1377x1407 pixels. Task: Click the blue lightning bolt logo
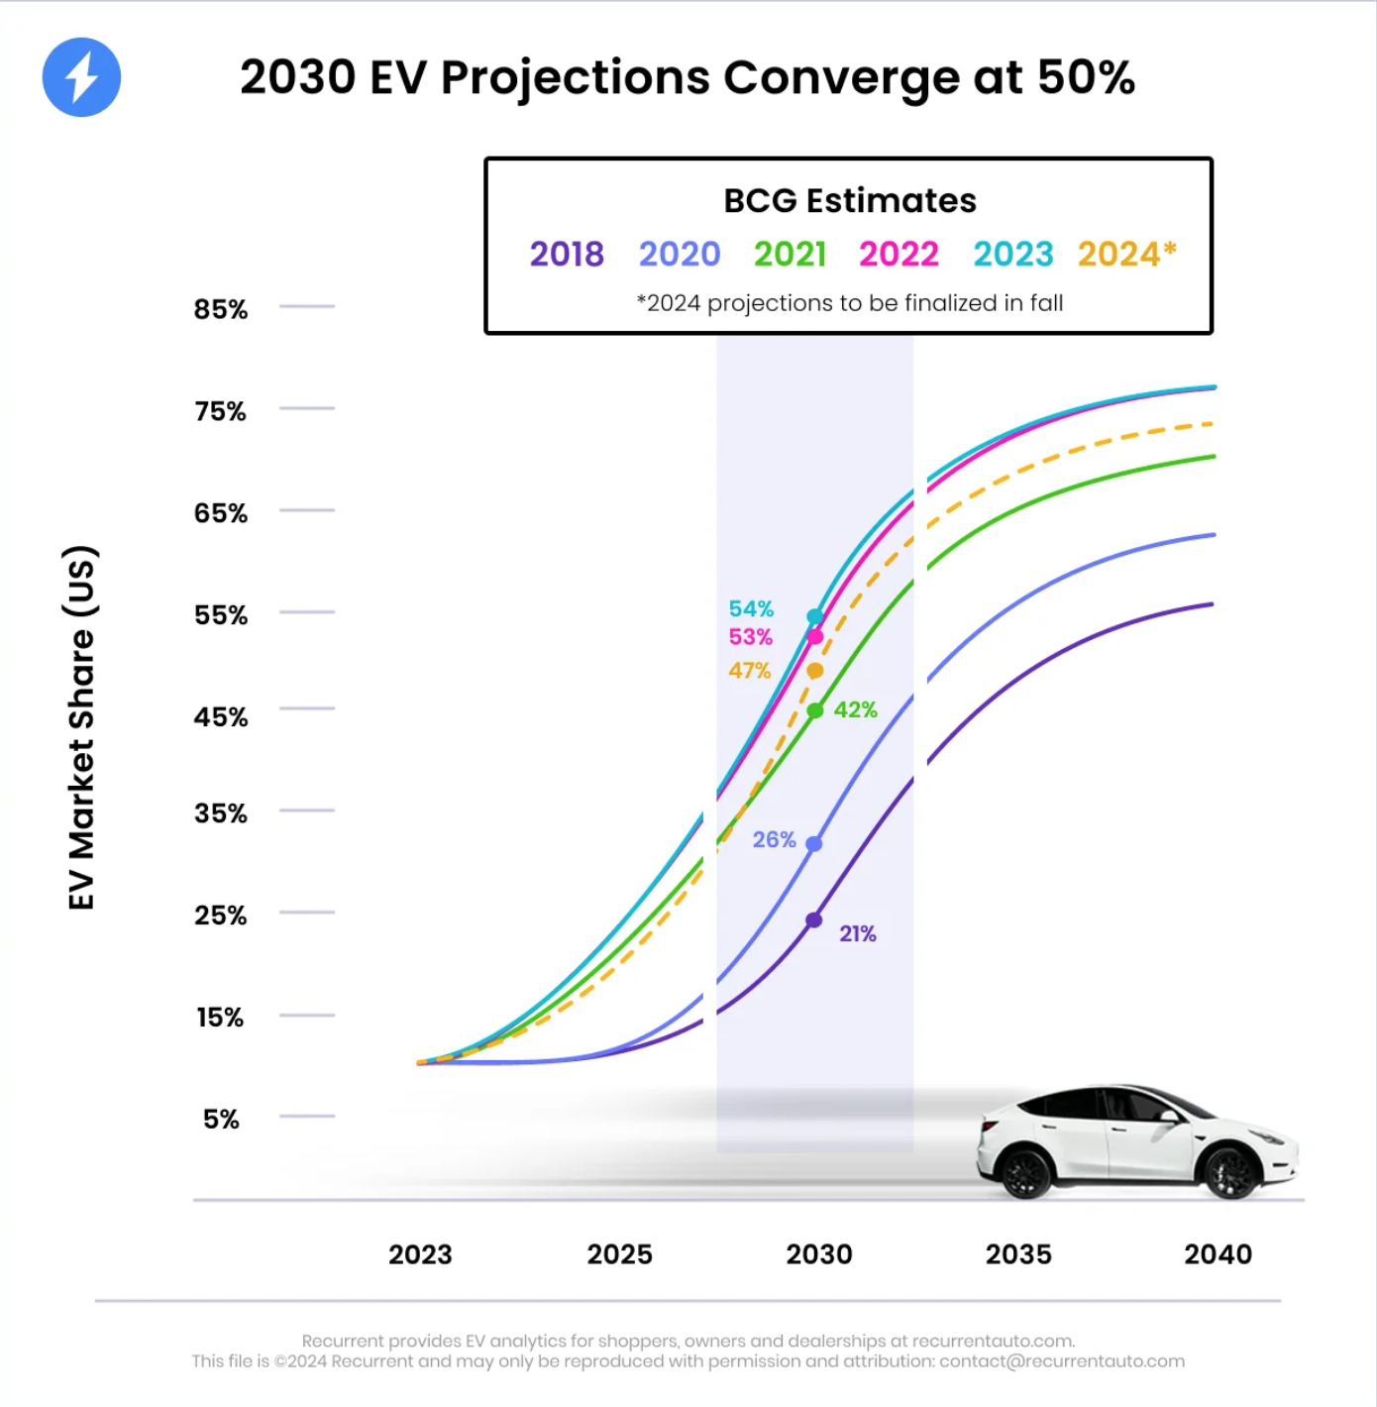[x=81, y=77]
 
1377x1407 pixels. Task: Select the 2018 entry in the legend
[x=566, y=254]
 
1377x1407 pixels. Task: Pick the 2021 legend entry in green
[x=790, y=254]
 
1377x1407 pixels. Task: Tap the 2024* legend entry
[x=1126, y=254]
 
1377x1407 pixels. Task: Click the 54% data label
[x=751, y=608]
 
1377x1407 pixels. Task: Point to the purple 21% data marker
[x=814, y=920]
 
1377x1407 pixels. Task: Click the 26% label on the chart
[x=774, y=839]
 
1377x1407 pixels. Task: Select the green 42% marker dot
[x=815, y=710]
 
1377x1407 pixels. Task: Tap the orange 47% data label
[x=749, y=671]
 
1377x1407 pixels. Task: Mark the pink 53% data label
[x=750, y=637]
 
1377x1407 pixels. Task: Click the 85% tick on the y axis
[x=221, y=309]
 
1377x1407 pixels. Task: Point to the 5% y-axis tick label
[x=221, y=1119]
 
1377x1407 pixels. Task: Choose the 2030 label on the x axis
[x=819, y=1254]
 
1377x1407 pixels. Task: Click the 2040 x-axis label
[x=1218, y=1254]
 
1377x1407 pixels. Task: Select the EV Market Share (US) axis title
[x=81, y=727]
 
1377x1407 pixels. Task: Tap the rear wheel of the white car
[x=1024, y=1172]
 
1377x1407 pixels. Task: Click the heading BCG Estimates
[x=849, y=200]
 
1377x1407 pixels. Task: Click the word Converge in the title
[x=840, y=77]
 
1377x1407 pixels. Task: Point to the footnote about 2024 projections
[x=849, y=303]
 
